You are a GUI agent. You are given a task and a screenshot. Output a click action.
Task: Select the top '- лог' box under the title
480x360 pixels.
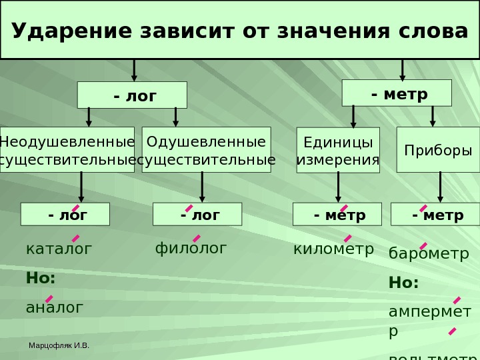coord(132,95)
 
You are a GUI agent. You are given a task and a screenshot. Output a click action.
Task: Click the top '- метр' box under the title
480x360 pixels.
coord(397,93)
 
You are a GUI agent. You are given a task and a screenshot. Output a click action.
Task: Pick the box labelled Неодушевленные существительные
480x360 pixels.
coord(67,150)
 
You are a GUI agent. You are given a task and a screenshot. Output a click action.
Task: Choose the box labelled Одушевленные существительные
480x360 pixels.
coord(207,150)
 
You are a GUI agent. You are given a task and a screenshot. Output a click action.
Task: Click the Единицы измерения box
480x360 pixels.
coord(337,151)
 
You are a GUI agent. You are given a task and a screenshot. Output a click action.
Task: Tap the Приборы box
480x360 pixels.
coord(438,150)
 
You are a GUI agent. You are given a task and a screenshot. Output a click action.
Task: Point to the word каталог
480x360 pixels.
coord(59,249)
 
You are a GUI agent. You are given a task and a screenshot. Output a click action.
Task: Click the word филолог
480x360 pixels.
coord(191,249)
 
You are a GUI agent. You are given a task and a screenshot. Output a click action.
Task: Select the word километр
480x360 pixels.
coord(333,249)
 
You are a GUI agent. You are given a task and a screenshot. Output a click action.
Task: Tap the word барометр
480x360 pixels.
coord(429,254)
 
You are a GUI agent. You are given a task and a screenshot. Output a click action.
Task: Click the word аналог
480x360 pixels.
coord(55,307)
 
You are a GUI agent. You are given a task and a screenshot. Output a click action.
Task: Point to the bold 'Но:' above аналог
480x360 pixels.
coord(41,278)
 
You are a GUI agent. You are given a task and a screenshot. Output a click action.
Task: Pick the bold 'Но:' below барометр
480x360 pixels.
coord(403,283)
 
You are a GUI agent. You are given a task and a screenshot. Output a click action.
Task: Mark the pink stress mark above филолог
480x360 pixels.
coord(197,238)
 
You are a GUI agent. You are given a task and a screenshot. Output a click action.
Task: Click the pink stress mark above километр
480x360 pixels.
coord(347,238)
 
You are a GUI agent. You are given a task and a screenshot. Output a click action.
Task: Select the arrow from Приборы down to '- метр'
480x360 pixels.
coord(439,187)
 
